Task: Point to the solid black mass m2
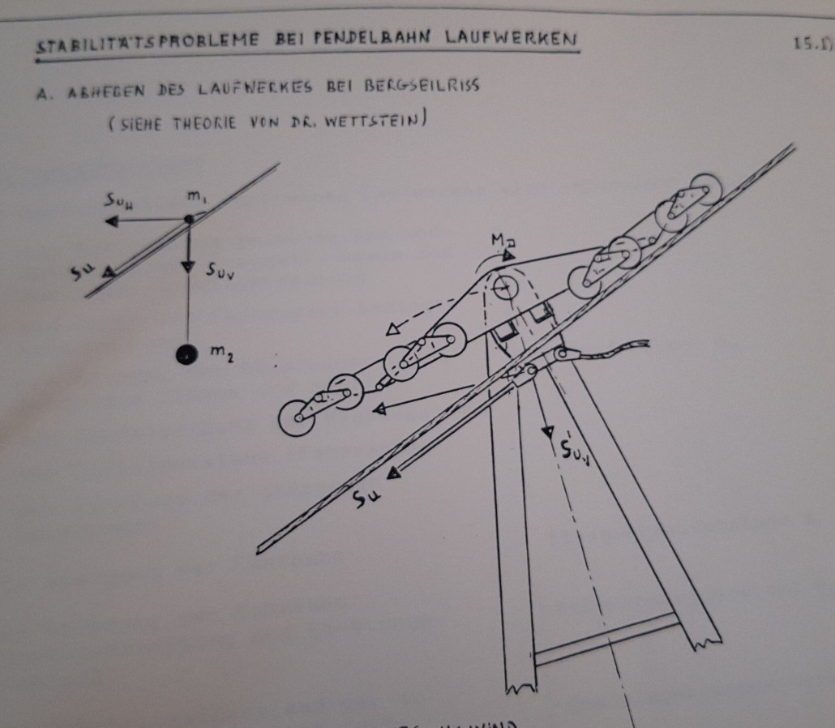[x=188, y=355]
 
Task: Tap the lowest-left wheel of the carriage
[x=296, y=418]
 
